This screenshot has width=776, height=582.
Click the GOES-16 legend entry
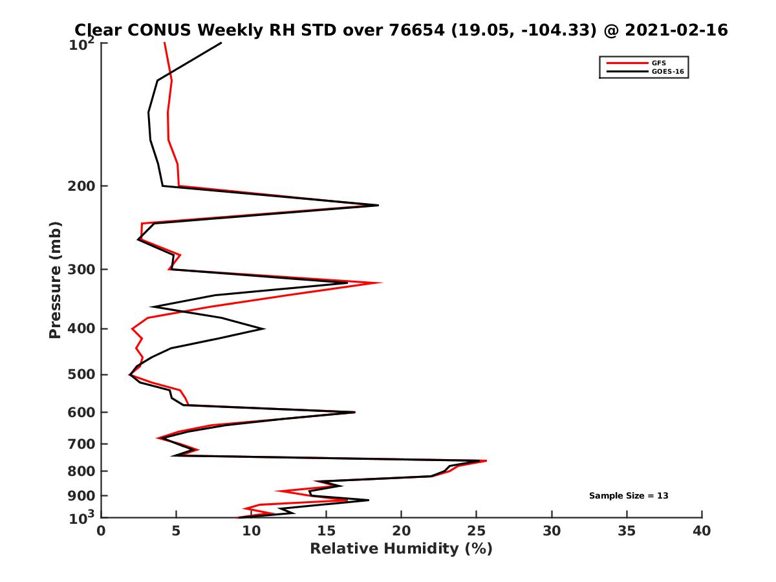(x=667, y=72)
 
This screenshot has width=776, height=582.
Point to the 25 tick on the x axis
(x=477, y=531)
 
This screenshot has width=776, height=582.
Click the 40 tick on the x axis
(x=702, y=531)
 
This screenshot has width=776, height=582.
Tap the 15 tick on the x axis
(x=327, y=531)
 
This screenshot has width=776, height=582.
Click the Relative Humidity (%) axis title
(x=401, y=549)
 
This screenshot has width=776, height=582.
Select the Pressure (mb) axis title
(x=55, y=280)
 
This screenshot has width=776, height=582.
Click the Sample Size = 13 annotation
(x=628, y=496)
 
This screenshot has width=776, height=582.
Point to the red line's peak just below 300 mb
(x=382, y=283)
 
